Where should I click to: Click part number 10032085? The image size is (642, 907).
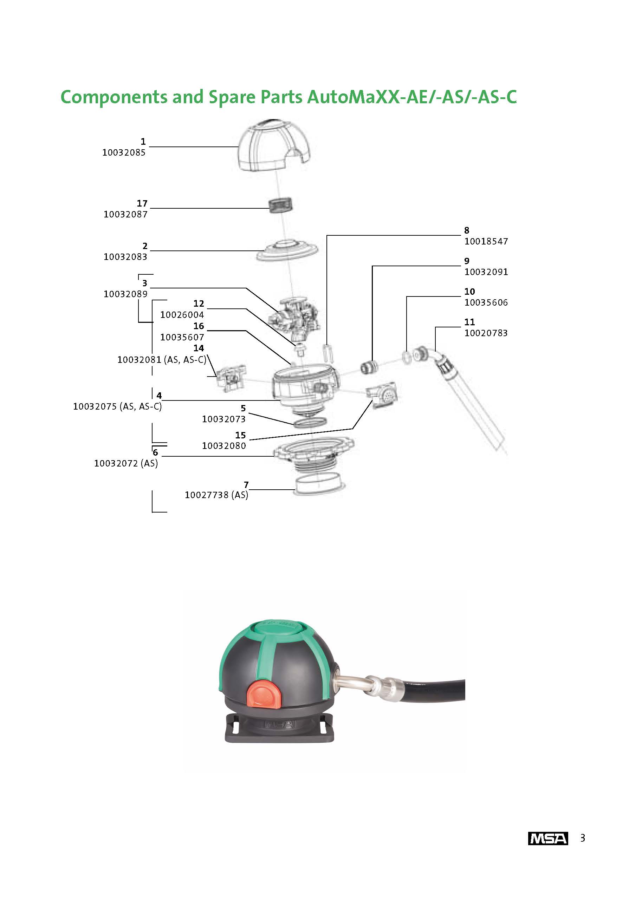click(124, 152)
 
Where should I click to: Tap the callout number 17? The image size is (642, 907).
click(142, 203)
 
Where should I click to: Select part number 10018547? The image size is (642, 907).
click(486, 241)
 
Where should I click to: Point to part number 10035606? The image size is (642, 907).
click(486, 303)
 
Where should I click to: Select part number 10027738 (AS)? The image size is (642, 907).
click(216, 495)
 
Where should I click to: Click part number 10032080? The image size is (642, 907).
click(224, 446)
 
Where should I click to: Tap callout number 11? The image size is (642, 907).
click(469, 322)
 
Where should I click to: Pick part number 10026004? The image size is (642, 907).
click(182, 315)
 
